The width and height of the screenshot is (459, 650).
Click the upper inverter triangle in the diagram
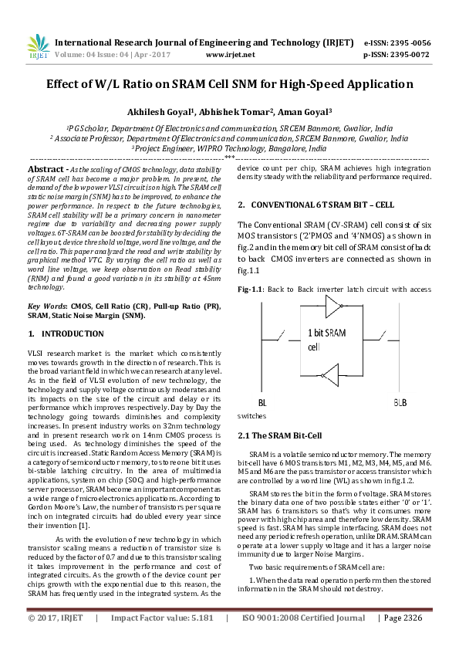pyautogui.click(x=332, y=309)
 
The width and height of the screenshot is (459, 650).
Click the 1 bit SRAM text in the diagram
pyautogui.click(x=326, y=333)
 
